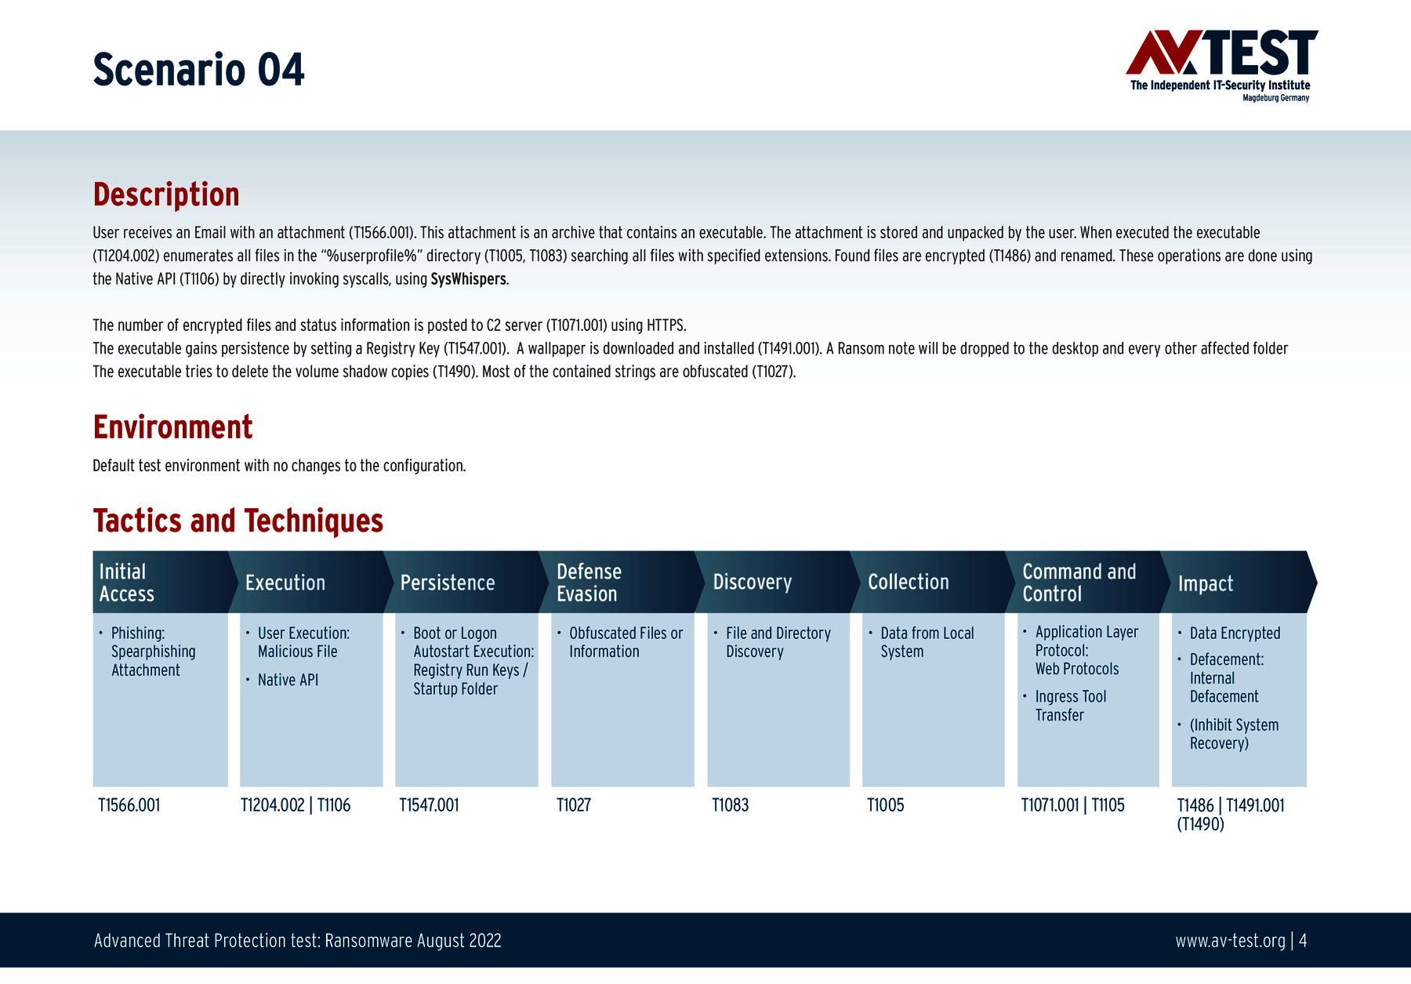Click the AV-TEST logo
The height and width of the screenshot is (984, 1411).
1221,65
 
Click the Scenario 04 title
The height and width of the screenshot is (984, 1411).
198,70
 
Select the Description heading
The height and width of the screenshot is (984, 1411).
166,194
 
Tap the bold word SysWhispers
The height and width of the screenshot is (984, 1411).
468,279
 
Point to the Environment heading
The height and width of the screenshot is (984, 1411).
172,427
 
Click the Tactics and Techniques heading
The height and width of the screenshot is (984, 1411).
238,521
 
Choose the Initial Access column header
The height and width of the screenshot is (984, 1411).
127,583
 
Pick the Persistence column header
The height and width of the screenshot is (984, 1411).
448,583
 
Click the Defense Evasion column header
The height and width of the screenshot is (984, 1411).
589,583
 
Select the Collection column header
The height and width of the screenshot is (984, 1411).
908,582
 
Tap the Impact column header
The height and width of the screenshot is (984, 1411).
1205,583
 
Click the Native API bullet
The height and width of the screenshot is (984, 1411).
288,680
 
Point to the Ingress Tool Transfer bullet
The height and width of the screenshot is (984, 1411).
1070,706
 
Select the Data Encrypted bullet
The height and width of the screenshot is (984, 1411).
1235,633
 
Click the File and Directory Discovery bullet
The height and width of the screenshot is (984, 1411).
778,642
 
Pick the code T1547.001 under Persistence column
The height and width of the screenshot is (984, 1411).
429,805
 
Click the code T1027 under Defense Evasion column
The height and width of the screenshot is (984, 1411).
574,805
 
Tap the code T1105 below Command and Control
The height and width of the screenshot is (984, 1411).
1108,805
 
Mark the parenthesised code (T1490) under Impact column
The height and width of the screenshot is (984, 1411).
1200,824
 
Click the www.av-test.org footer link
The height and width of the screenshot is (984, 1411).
1230,941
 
